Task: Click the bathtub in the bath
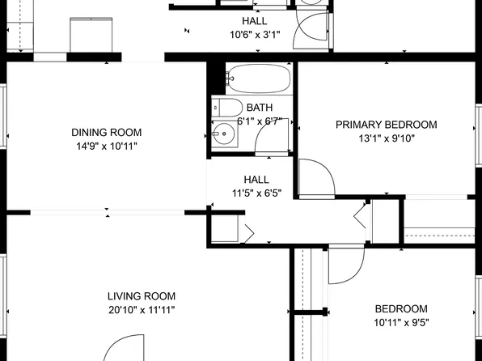[x=257, y=79]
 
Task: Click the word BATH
[x=260, y=108]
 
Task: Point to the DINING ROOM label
[x=106, y=133]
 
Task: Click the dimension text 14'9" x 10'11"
[x=106, y=147]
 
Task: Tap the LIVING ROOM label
[x=142, y=296]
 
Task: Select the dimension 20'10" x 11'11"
[x=142, y=310]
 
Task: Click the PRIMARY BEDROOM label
[x=387, y=125]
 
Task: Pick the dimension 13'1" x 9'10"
[x=387, y=138]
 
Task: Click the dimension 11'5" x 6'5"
[x=256, y=193]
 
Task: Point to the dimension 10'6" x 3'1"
[x=256, y=35]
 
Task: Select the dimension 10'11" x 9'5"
[x=400, y=322]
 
